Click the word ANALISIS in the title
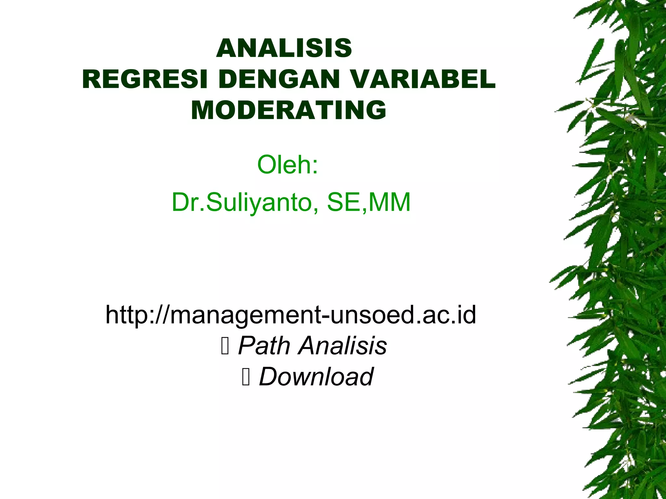[284, 48]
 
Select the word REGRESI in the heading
[145, 79]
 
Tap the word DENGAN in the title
[279, 79]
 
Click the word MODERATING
[288, 110]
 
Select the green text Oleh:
[287, 165]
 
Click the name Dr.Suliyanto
[242, 202]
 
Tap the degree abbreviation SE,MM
[369, 202]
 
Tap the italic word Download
[316, 376]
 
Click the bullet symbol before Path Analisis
[225, 346]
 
